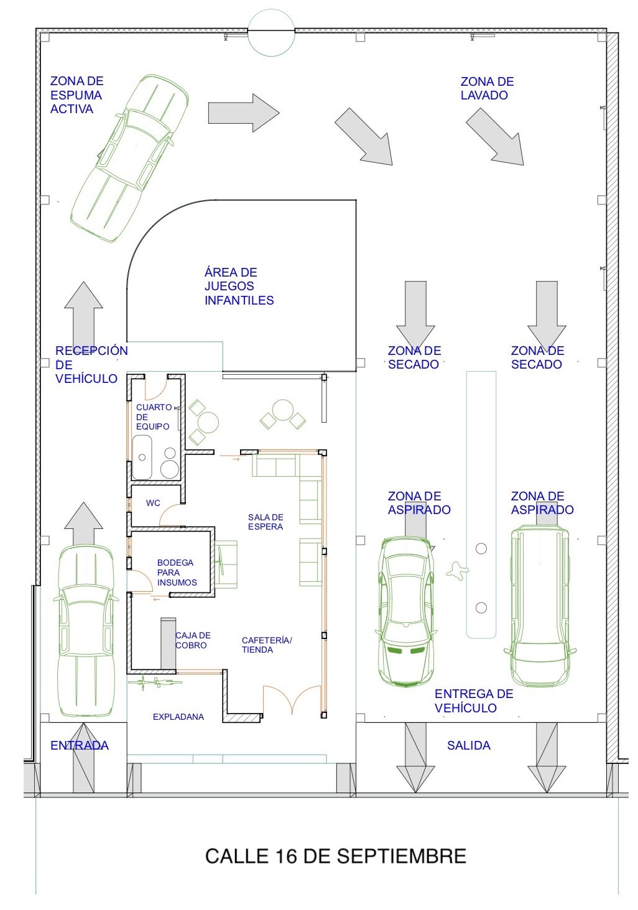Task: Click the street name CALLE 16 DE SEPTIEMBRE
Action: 335,856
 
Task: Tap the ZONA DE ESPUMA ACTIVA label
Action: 76,95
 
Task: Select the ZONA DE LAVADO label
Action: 487,88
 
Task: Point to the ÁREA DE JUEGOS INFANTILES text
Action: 239,287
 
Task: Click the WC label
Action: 153,503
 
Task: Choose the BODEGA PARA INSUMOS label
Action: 176,572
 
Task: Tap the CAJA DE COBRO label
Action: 193,640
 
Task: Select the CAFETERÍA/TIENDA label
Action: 266,645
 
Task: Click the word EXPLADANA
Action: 178,717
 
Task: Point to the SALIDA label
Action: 468,745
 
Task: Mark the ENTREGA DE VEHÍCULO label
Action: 473,701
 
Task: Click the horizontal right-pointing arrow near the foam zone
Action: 243,113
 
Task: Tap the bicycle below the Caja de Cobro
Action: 155,682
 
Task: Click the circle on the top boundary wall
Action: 271,32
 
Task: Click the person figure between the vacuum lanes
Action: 457,571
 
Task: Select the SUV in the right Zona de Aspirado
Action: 539,606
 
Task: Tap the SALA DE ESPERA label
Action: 265,522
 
